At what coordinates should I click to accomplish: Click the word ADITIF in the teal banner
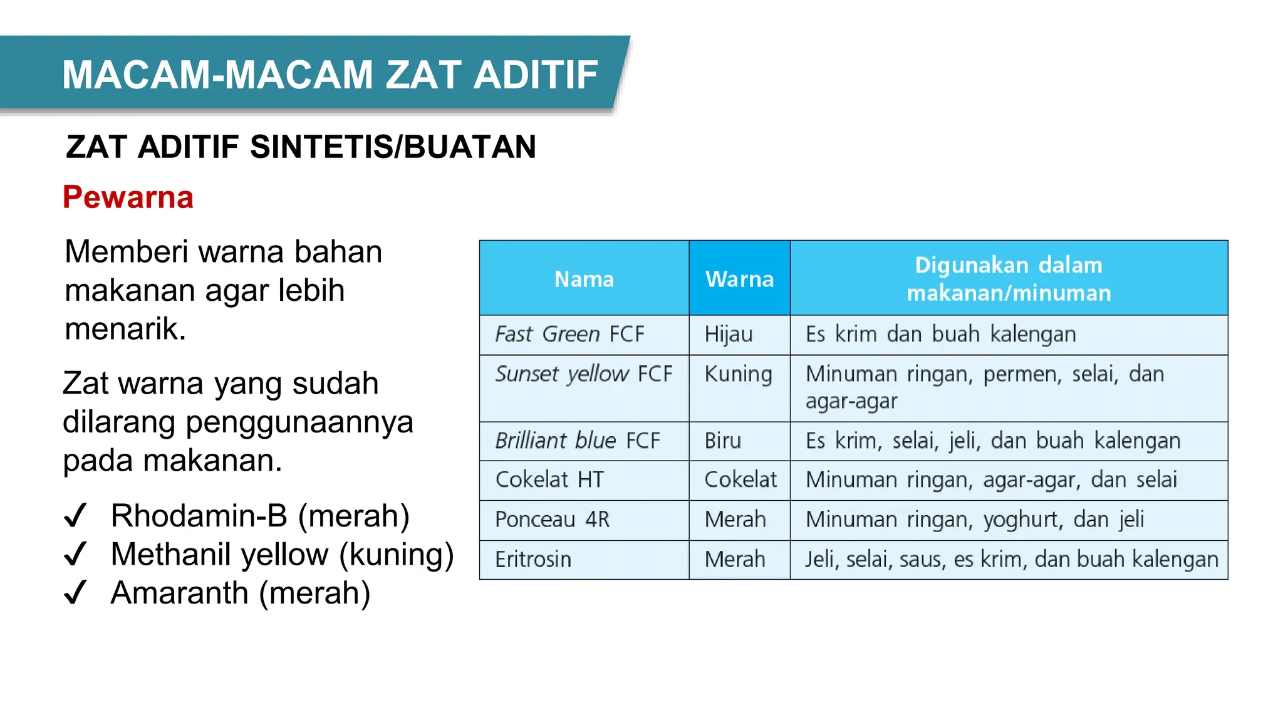point(536,75)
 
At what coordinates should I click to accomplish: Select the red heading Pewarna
point(128,197)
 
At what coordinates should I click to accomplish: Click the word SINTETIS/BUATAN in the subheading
point(393,147)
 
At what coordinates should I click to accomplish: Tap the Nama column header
point(584,279)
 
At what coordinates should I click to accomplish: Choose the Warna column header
point(739,279)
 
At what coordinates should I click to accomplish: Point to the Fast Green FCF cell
point(569,335)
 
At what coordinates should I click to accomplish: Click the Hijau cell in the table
point(729,335)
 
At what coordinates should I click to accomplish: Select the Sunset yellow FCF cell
point(583,374)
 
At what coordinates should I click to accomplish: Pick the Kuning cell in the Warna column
point(738,374)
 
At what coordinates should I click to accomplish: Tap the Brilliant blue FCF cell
point(577,441)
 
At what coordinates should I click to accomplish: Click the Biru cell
point(723,441)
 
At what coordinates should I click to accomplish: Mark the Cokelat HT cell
point(549,480)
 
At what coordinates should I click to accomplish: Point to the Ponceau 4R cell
point(552,520)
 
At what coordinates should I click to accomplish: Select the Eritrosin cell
point(533,560)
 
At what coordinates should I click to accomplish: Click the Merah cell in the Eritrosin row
point(735,560)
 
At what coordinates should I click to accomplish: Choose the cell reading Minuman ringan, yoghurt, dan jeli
point(975,520)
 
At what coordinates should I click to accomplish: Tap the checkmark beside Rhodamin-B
point(75,516)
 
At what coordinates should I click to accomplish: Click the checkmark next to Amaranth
point(75,592)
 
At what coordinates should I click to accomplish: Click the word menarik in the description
point(125,329)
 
